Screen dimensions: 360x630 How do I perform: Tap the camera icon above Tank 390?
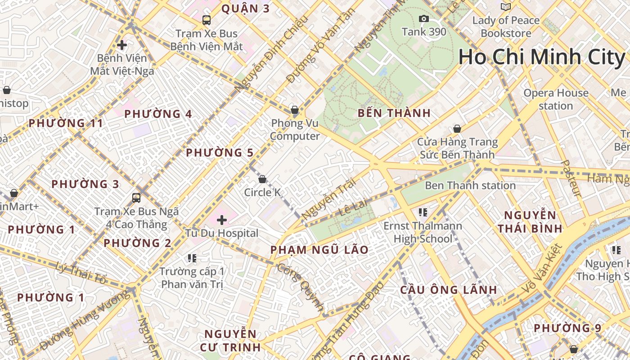click(x=423, y=18)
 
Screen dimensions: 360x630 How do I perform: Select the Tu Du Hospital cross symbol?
click(x=221, y=220)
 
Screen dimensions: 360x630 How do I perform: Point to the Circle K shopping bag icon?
click(x=262, y=179)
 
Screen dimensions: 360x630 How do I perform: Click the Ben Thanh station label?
click(x=470, y=185)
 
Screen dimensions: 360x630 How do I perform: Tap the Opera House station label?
click(x=556, y=99)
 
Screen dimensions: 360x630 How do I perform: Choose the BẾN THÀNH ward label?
click(x=394, y=113)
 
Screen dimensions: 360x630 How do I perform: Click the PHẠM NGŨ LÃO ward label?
click(x=319, y=250)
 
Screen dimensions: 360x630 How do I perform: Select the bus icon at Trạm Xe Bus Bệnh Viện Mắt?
click(x=206, y=20)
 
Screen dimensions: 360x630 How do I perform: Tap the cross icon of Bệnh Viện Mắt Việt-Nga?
click(x=121, y=45)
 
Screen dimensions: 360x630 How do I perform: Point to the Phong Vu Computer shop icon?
click(x=294, y=109)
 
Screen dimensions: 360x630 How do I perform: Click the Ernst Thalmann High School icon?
click(x=422, y=211)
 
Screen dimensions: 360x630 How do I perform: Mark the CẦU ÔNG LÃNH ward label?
click(x=449, y=290)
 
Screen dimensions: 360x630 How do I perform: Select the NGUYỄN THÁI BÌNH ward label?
click(x=530, y=222)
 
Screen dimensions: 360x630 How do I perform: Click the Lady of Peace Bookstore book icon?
click(x=506, y=7)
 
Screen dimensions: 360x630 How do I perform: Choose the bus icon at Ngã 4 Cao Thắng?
click(x=136, y=198)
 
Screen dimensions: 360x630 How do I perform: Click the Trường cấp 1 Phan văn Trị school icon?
click(x=192, y=258)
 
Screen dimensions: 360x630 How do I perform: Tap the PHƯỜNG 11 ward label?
click(x=66, y=123)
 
